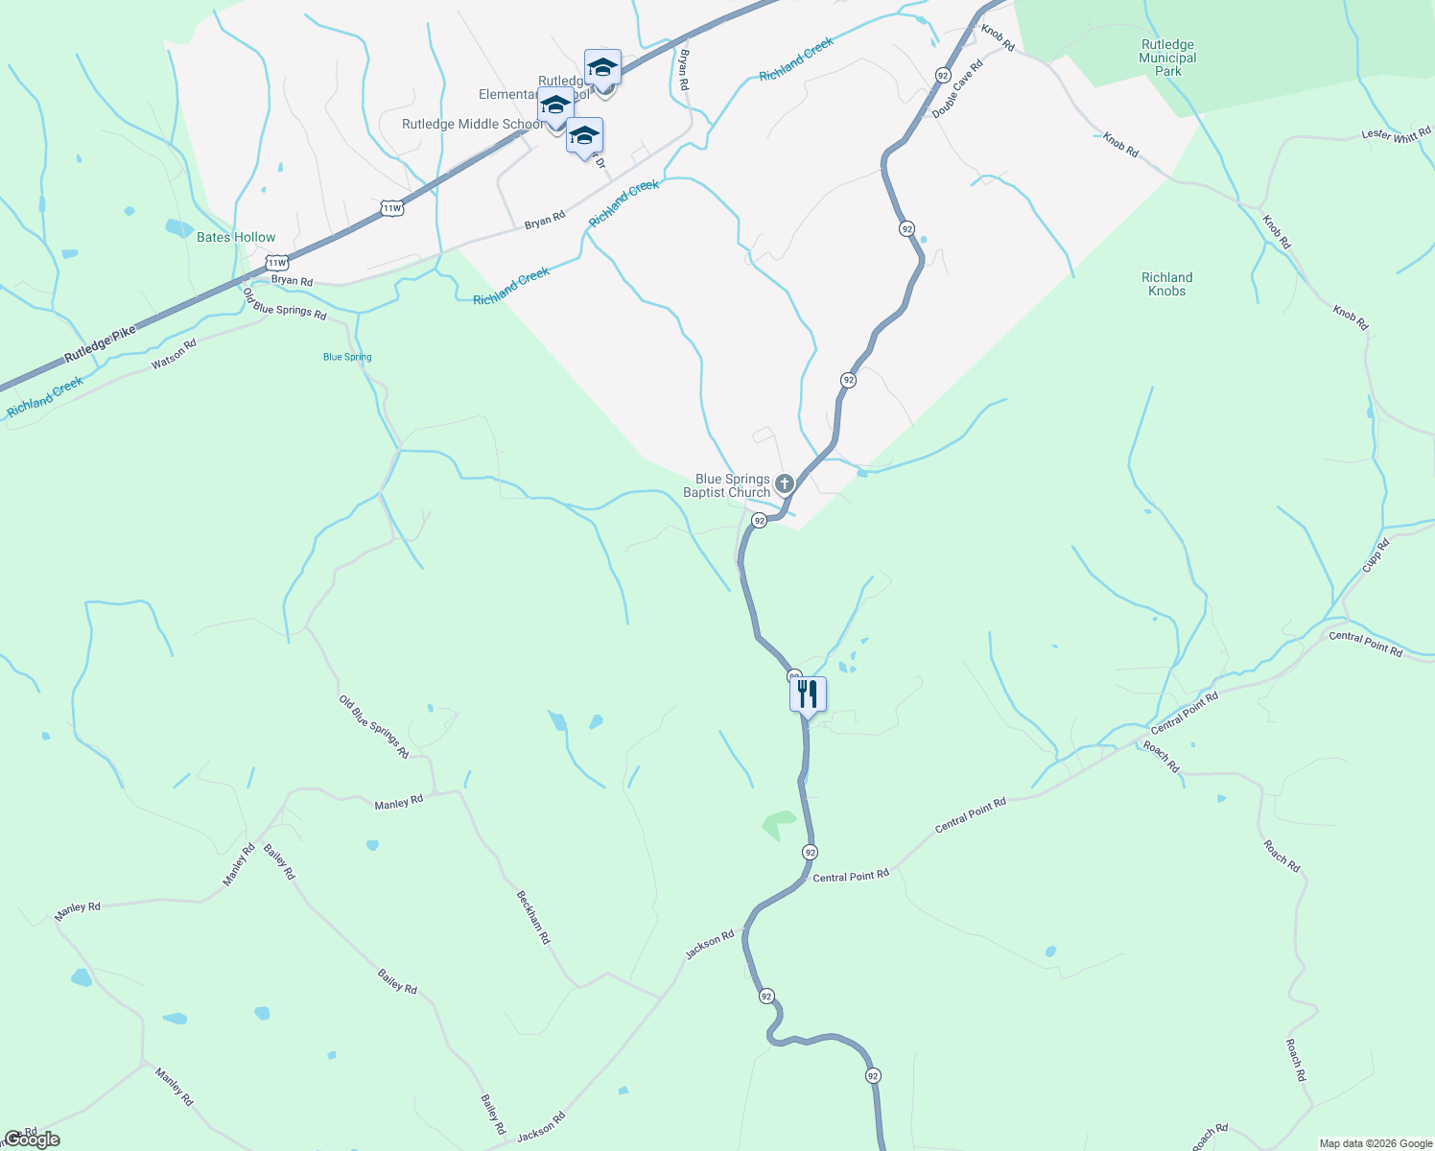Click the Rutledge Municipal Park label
[x=1167, y=58]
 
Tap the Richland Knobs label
[x=1166, y=284]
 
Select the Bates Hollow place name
[x=236, y=237]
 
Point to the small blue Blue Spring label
[x=347, y=357]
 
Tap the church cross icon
[x=784, y=483]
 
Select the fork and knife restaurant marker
[x=808, y=694]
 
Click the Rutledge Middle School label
[x=472, y=124]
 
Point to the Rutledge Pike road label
[x=100, y=344]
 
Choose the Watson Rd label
[x=174, y=354]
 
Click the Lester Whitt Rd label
[x=1396, y=135]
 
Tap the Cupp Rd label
[x=1376, y=556]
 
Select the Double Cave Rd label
[x=958, y=90]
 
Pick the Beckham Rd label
[x=533, y=918]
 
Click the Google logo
[x=32, y=1139]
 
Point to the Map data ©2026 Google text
[x=1376, y=1143]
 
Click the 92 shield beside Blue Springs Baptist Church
[x=759, y=520]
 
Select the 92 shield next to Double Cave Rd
[x=943, y=75]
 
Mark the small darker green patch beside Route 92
[x=778, y=823]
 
